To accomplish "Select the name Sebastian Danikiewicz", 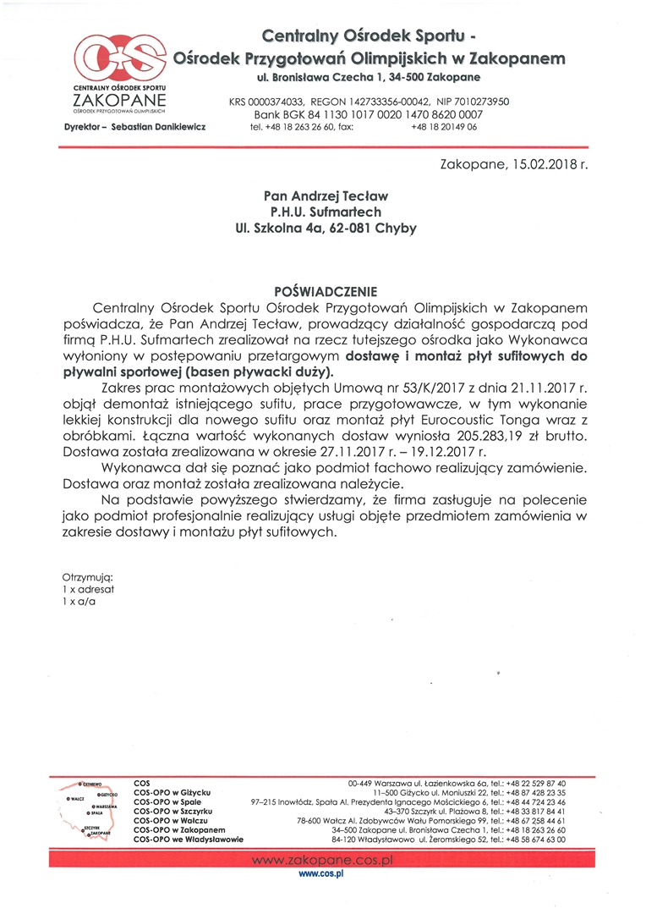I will pos(168,126).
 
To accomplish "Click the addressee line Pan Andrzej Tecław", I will pos(325,195).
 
